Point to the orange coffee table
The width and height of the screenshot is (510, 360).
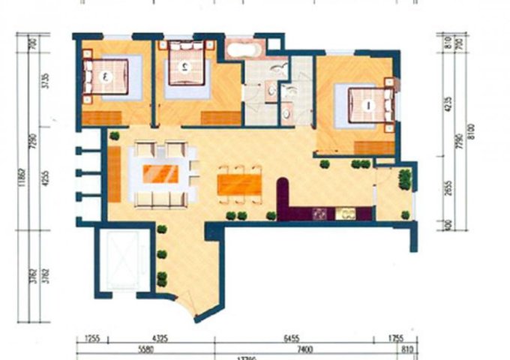pos(160,174)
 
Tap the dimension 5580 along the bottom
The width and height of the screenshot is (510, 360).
pos(145,349)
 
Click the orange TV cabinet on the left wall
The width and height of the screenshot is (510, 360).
pos(115,173)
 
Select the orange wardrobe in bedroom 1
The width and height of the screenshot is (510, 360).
pos(374,147)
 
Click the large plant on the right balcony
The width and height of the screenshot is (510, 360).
pos(405,179)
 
